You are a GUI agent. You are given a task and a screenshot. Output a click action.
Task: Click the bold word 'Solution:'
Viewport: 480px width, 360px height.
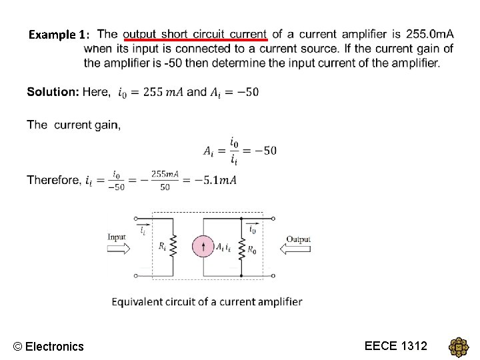click(x=53, y=91)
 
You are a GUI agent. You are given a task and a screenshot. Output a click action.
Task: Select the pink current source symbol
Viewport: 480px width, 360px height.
click(x=203, y=247)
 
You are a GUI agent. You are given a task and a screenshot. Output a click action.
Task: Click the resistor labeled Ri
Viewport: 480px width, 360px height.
click(x=173, y=246)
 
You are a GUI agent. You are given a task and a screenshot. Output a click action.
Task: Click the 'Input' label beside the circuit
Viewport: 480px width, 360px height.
click(x=117, y=237)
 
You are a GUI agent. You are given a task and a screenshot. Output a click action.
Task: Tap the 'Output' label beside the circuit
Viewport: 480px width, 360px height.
click(x=299, y=239)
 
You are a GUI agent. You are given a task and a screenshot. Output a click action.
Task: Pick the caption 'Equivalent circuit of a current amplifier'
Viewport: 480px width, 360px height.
click(x=207, y=301)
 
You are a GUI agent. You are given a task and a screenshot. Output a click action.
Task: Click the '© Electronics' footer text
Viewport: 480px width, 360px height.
click(x=49, y=346)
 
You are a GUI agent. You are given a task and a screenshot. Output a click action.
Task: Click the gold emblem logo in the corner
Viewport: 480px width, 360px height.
click(x=459, y=347)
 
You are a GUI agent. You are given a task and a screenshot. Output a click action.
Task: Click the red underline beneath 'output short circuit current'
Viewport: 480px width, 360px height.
click(x=195, y=41)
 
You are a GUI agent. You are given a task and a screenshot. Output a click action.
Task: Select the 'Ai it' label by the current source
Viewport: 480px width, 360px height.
click(x=223, y=247)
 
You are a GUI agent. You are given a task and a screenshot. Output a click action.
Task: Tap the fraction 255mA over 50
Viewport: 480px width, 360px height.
click(x=165, y=180)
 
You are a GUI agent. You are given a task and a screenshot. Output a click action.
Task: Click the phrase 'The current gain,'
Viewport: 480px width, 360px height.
click(x=74, y=125)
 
